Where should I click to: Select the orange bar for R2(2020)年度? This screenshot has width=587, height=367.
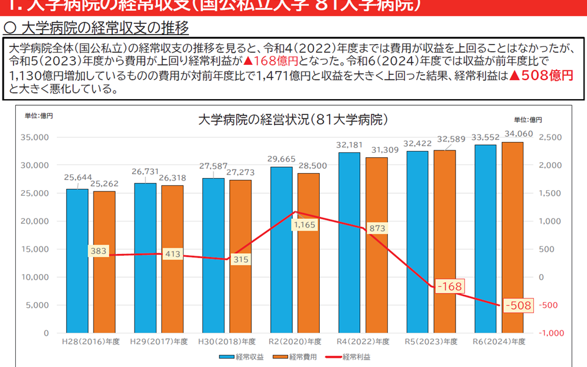(308, 281)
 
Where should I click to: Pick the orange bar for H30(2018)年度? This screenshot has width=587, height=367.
(240, 294)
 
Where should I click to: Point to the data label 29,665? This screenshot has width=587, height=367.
(281, 159)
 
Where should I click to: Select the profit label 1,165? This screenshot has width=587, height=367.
(304, 225)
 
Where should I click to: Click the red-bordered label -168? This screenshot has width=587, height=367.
(449, 286)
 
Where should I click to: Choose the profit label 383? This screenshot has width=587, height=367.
(98, 250)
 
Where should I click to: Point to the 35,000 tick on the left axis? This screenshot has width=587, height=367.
(36, 138)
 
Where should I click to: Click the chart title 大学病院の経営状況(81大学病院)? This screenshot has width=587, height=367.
(293, 119)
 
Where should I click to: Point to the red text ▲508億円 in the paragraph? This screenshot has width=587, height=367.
(541, 75)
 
